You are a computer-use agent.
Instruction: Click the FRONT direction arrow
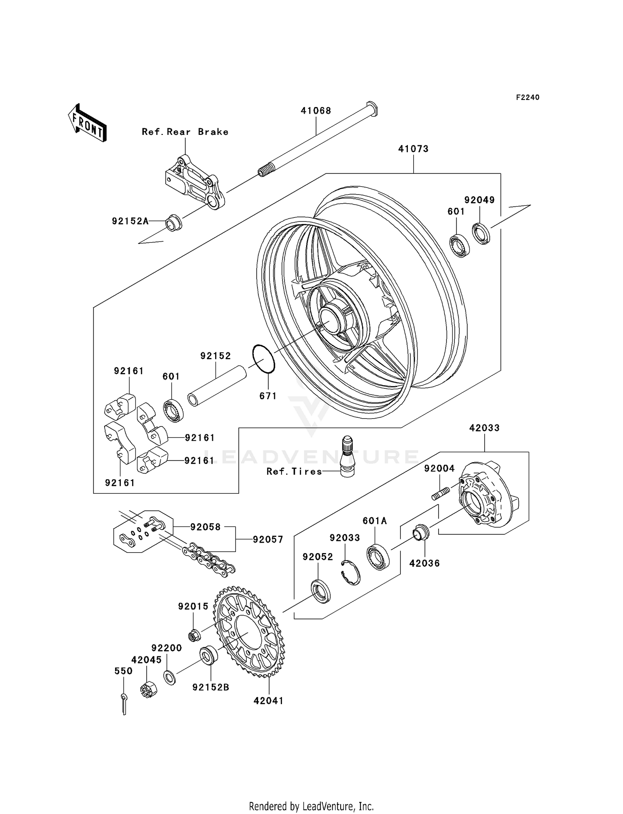tap(87, 124)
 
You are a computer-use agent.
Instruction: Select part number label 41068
tap(316, 111)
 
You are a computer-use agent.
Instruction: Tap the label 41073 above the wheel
tap(413, 149)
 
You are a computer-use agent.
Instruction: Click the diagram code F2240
tap(527, 97)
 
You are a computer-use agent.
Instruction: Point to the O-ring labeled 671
tap(263, 359)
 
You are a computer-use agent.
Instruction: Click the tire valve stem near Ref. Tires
tap(347, 456)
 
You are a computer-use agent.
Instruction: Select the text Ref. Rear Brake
tap(185, 132)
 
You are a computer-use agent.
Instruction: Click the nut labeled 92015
tap(194, 635)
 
